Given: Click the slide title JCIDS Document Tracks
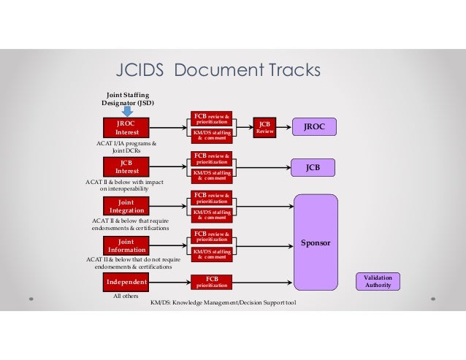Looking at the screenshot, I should click(x=219, y=70).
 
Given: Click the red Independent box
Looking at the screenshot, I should click(x=126, y=282).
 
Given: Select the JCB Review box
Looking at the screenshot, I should click(x=264, y=128).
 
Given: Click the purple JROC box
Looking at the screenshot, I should click(x=315, y=127).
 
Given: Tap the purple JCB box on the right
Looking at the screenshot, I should click(x=315, y=166).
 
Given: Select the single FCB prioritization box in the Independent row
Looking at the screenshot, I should click(x=211, y=282).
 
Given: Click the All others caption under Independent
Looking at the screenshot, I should click(x=126, y=297).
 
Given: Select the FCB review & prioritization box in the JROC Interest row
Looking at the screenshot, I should click(x=211, y=118).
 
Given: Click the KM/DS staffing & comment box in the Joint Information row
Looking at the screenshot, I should click(x=211, y=253).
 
